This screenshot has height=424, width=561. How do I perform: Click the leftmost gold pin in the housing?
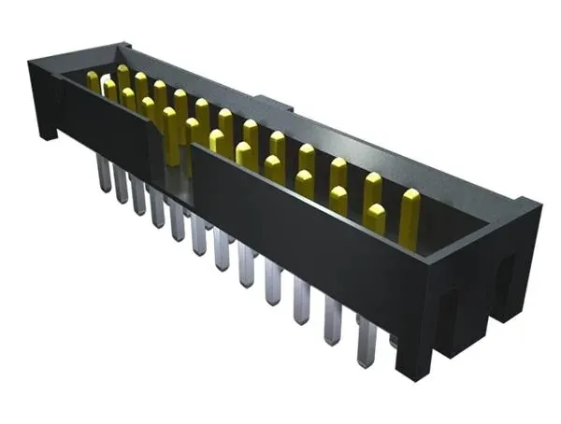tap(93, 82)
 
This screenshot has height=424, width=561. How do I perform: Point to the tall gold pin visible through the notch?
tap(171, 135)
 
